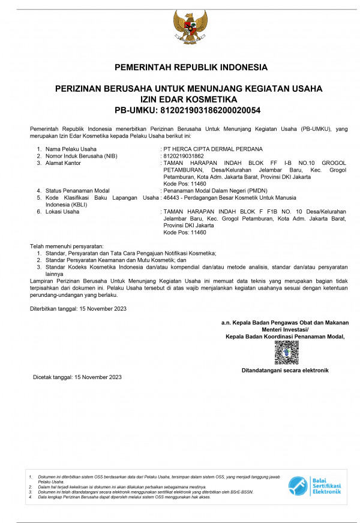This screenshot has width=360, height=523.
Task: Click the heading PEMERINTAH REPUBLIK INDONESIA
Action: (x=191, y=67)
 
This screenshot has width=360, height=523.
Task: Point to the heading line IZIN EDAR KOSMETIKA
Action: (x=189, y=99)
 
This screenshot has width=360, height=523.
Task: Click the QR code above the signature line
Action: (x=286, y=352)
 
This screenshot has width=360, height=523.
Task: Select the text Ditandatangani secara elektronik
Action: (x=285, y=370)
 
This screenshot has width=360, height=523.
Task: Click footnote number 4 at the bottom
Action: (x=31, y=497)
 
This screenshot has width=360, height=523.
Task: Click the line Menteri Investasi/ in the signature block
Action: (x=285, y=329)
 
